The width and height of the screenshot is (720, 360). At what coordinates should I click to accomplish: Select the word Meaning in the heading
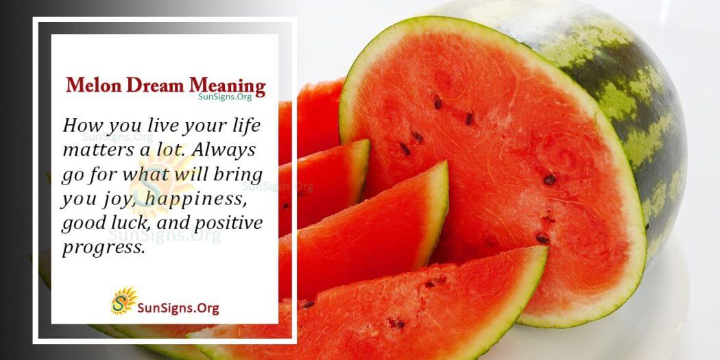point(227,86)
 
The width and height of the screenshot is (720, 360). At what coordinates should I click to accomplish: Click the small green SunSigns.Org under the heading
point(224,97)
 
